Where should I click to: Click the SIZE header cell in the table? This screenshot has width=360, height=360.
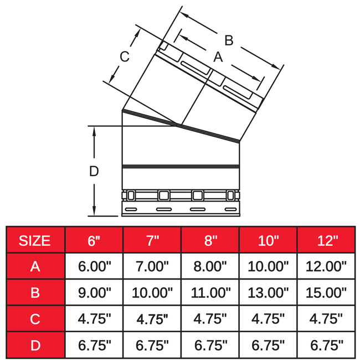point(35,240)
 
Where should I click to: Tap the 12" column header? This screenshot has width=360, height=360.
point(327,240)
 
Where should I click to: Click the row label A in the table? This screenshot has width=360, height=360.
point(35,266)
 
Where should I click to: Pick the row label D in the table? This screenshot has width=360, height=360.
point(35,346)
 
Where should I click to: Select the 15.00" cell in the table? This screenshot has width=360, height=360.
point(327,292)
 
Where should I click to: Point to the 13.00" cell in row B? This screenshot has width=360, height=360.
point(269,292)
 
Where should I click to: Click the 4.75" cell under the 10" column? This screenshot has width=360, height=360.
point(269,319)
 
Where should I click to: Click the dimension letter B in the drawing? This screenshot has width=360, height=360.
point(229,40)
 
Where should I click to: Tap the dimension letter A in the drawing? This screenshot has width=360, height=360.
point(218,56)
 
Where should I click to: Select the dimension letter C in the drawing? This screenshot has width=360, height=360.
point(125,56)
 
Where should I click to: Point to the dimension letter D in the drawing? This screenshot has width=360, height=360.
point(94,171)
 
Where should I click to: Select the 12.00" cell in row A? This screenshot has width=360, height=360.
point(327,266)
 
